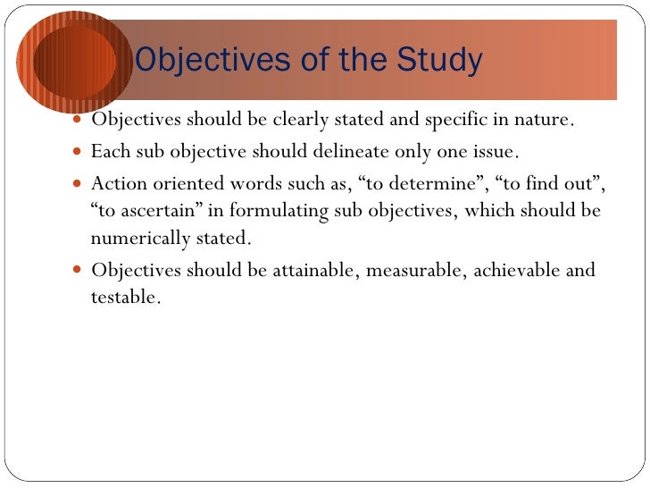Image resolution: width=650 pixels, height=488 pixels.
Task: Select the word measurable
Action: (x=413, y=270)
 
